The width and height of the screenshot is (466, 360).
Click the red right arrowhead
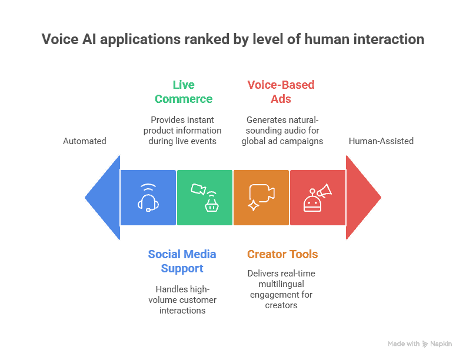[x=362, y=198]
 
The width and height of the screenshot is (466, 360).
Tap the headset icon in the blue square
[x=148, y=198]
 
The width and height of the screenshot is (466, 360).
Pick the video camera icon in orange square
[x=261, y=198]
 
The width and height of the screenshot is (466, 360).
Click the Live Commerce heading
[x=184, y=92]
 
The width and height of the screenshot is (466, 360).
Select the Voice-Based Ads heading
[x=281, y=92]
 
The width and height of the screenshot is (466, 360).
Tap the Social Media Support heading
[x=182, y=261]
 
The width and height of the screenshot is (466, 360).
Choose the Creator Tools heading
[x=282, y=255]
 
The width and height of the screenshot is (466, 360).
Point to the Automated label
[x=85, y=141]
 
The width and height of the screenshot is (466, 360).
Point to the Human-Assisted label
[x=381, y=141]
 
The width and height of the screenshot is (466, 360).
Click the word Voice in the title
[x=61, y=40]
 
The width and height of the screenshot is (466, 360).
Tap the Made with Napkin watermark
[x=420, y=344]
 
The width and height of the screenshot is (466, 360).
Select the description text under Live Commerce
[x=183, y=131]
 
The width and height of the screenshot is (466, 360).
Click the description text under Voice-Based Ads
[x=282, y=131]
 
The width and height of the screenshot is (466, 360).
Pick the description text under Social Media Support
[x=182, y=299]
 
